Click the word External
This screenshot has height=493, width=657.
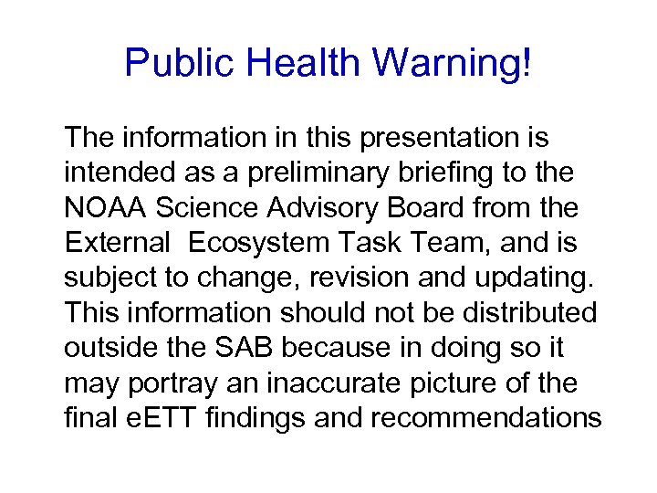pos(113,244)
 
